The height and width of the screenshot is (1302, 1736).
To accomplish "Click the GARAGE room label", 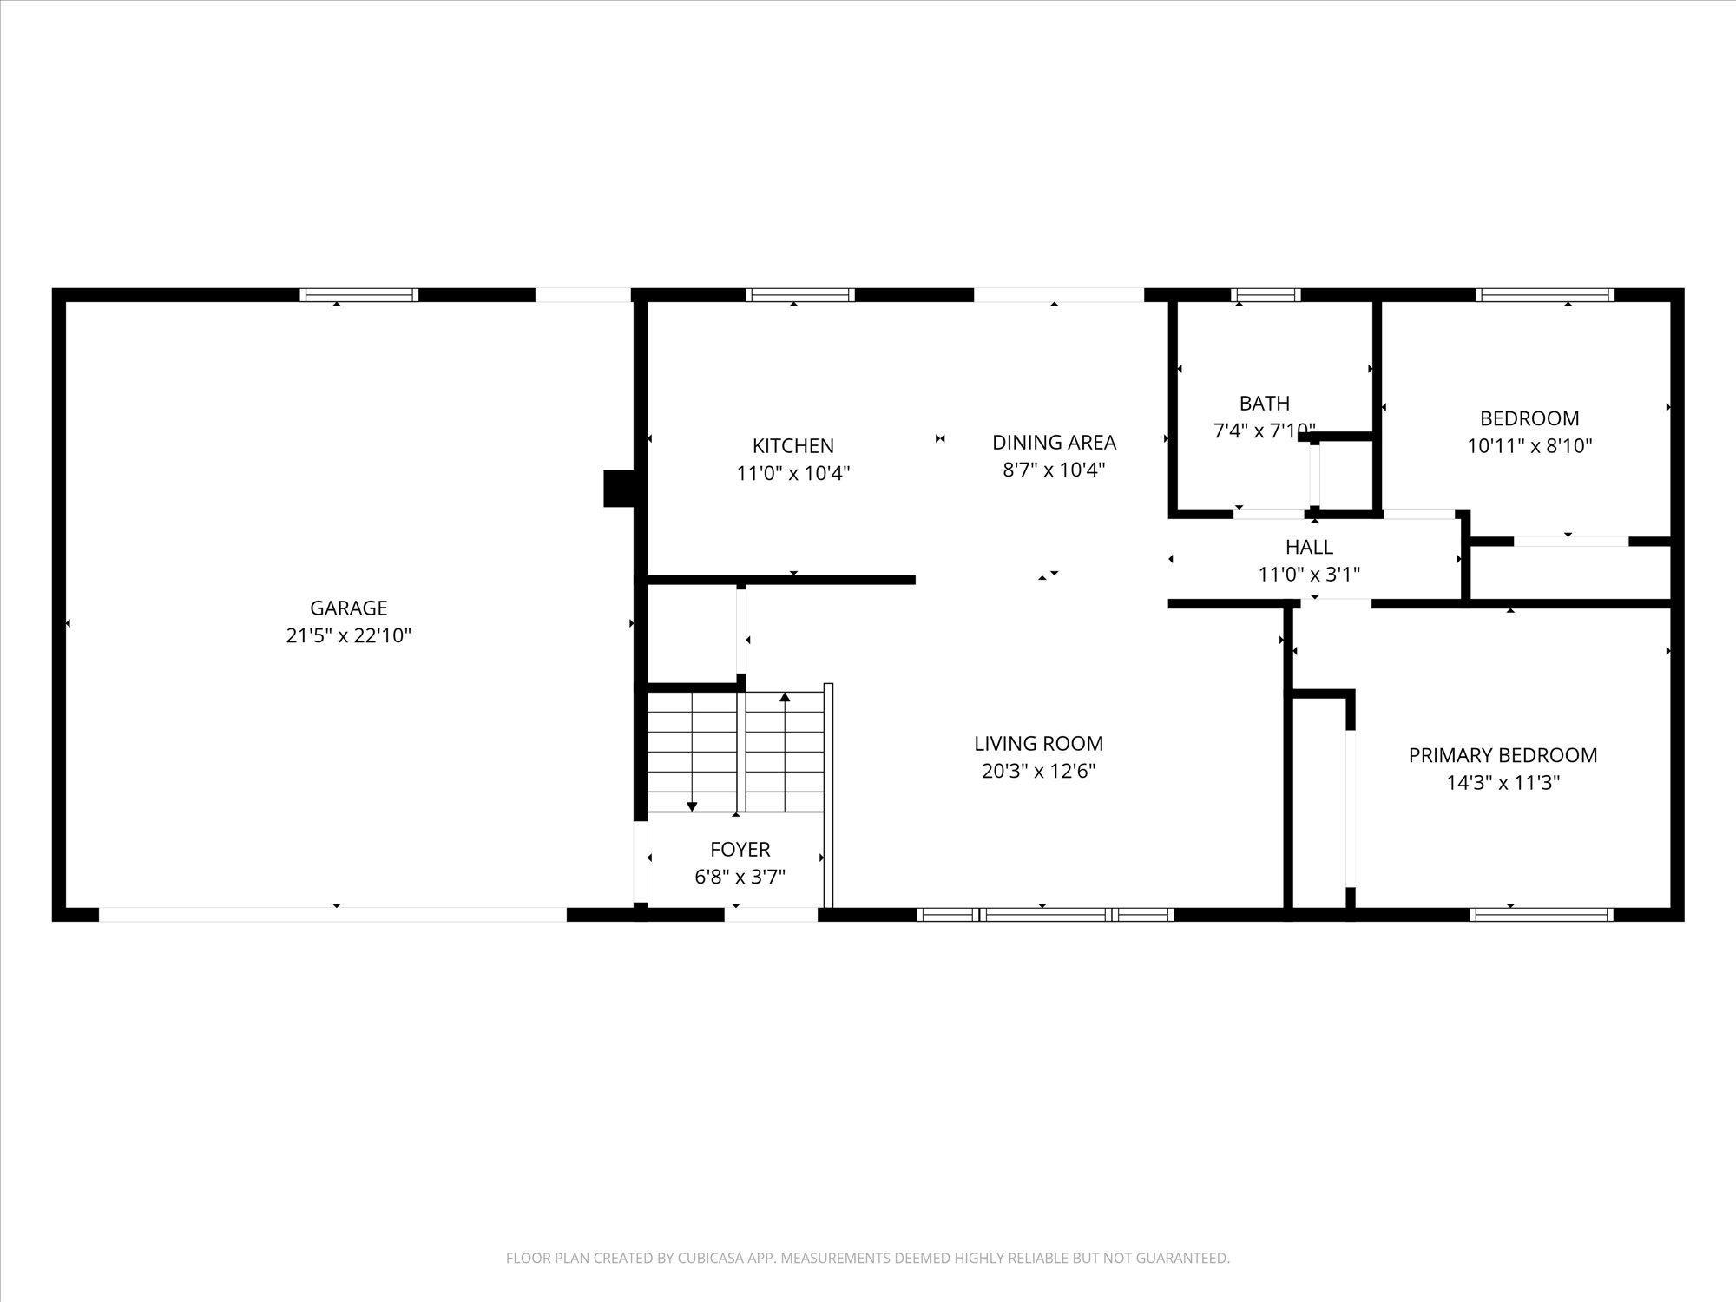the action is tap(348, 608).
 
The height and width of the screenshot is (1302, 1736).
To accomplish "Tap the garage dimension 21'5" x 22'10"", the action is tap(348, 635).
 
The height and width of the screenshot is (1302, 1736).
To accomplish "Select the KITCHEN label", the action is tap(792, 445).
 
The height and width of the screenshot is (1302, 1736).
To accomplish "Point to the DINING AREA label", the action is tap(1054, 442).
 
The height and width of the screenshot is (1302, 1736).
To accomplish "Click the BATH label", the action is tap(1265, 403).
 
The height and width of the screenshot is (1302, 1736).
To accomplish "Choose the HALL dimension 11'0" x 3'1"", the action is tap(1309, 575).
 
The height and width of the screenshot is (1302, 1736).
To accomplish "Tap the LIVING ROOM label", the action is tap(1038, 743).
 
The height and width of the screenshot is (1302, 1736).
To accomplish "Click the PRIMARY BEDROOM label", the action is tap(1503, 755).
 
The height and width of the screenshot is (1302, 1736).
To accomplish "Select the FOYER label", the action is tap(740, 849).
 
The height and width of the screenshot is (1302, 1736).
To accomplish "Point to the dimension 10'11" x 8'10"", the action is tap(1529, 446).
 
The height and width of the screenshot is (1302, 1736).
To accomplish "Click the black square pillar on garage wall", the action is tap(620, 488).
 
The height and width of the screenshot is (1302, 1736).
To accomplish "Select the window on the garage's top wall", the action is tap(359, 295).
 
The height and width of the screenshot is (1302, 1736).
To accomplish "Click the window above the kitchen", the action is tap(800, 295).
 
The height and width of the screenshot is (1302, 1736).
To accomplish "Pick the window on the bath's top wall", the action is tap(1267, 295).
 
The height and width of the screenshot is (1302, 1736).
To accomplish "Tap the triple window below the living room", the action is tap(1045, 914).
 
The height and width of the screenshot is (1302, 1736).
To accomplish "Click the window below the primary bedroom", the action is tap(1542, 914).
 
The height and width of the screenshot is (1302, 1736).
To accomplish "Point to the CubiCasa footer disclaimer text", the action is tap(868, 1258).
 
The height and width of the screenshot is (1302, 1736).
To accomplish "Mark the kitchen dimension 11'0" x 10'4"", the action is tap(792, 473).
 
